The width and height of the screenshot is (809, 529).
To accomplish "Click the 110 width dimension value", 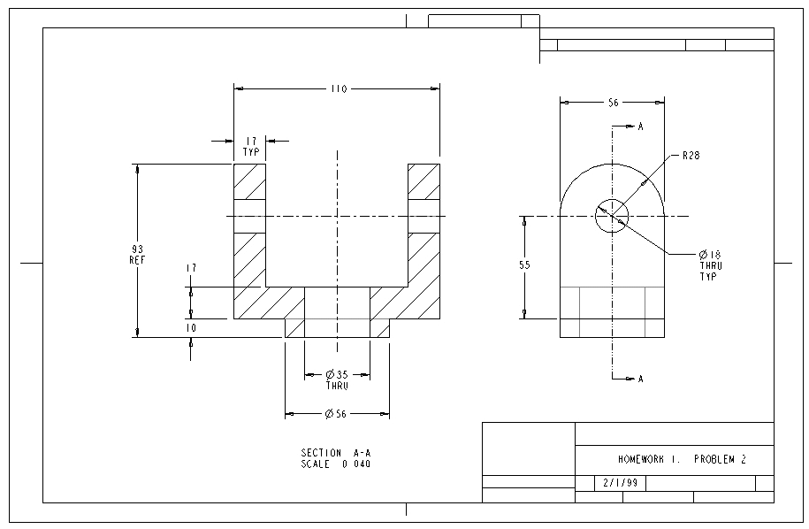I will pos(338,88).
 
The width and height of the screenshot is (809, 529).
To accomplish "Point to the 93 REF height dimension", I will pos(137,254).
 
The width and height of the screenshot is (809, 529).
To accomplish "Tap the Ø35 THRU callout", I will pos(337,379).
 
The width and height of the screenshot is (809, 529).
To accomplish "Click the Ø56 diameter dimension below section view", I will pos(337,414).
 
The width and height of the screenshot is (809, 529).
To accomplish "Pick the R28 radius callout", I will pos(691,155).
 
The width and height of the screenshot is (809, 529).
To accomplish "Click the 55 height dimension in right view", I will pos(524,264).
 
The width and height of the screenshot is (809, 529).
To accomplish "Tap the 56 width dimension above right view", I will pos(612,103).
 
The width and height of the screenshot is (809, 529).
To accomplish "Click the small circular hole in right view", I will pos(611,215).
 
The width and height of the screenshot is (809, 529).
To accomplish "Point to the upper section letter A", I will pos(640,126).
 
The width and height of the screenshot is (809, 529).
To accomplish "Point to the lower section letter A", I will pos(640,379).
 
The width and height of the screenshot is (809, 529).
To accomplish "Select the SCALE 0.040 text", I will pos(336,464).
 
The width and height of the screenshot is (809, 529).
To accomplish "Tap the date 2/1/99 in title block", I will pos(620,484).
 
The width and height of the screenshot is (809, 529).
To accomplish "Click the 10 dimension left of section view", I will pos(191,327).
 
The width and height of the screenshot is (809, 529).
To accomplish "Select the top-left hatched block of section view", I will pos(249,181).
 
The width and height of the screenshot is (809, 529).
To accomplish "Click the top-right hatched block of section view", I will pos(424,181).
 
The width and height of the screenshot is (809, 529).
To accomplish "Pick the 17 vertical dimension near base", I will pos(191,267).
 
